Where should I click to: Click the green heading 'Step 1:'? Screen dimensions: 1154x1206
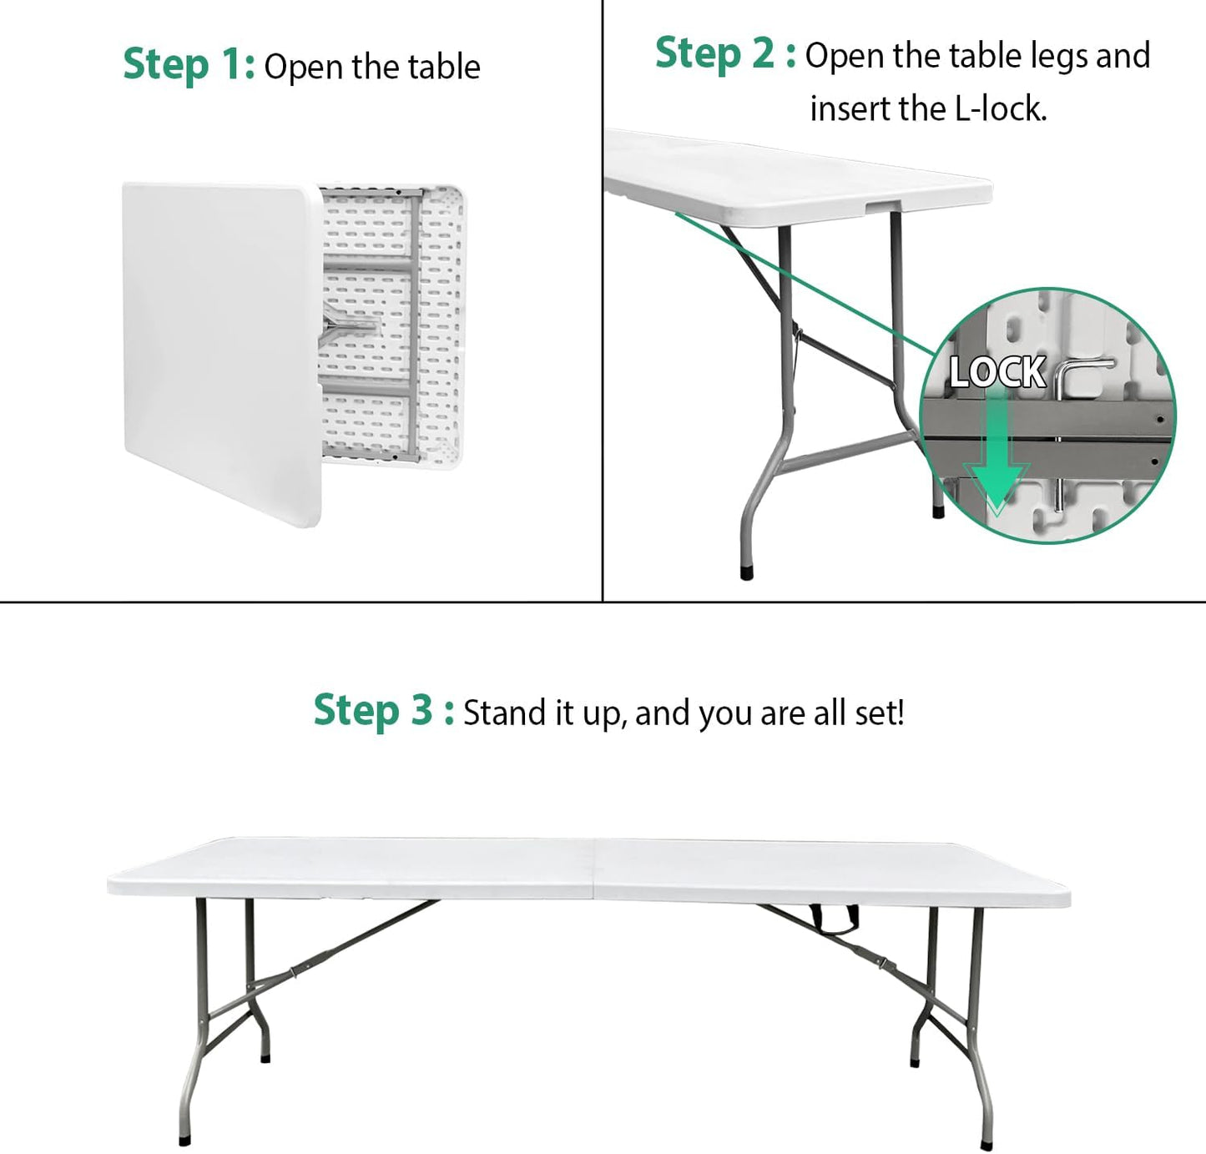[x=189, y=65]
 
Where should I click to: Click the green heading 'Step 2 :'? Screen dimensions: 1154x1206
[x=724, y=54]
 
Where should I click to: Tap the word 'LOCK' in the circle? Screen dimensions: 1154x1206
[x=997, y=372]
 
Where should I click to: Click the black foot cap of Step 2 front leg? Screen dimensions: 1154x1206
[x=747, y=573]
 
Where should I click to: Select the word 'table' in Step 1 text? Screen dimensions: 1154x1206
[x=449, y=68]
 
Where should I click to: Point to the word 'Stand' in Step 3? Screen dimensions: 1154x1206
[x=498, y=713]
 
